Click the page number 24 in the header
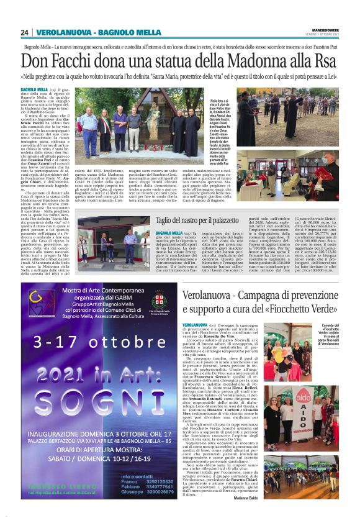25,32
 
